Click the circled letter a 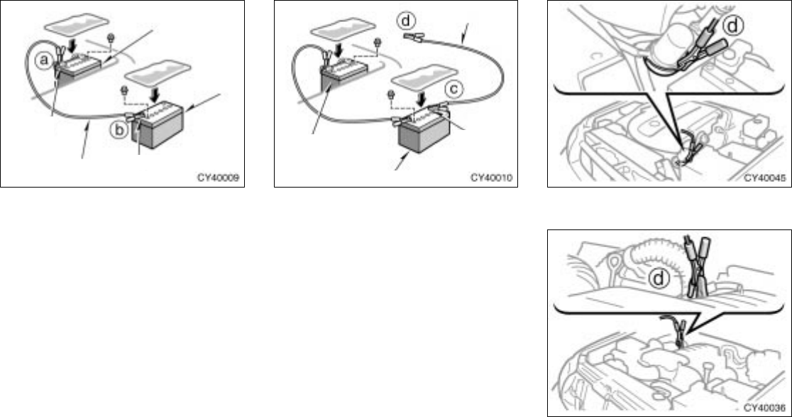44,62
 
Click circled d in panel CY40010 407,21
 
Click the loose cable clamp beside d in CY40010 428,32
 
